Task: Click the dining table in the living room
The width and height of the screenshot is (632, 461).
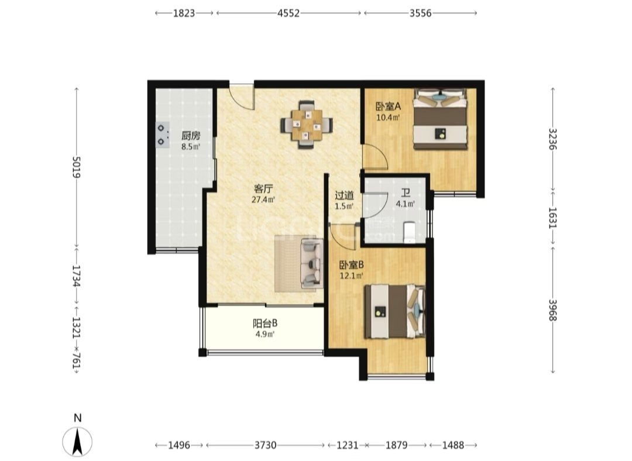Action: coord(307,125)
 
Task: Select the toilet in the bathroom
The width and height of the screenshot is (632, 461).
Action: coord(409,232)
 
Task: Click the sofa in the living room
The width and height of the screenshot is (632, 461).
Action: coord(312,263)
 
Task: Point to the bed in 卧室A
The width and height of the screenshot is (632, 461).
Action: coord(440,119)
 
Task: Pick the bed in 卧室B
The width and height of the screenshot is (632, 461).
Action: coord(395,311)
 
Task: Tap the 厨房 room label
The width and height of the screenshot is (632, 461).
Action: coord(191,136)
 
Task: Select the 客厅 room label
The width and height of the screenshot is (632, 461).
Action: coord(263,188)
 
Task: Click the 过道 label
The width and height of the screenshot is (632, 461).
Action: coord(345,196)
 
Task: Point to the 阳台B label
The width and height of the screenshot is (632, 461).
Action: coord(265,323)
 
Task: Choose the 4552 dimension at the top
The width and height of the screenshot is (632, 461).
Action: coord(288,13)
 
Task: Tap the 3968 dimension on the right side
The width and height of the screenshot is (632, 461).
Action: coord(552,310)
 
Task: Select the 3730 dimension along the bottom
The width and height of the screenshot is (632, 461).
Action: coord(266,445)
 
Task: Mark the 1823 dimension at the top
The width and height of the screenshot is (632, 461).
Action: coord(184,13)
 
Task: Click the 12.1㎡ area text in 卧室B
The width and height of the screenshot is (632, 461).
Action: coord(351,276)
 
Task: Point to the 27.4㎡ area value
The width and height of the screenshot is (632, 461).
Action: coord(263,199)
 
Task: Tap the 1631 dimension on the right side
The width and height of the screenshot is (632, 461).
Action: coord(552,218)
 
